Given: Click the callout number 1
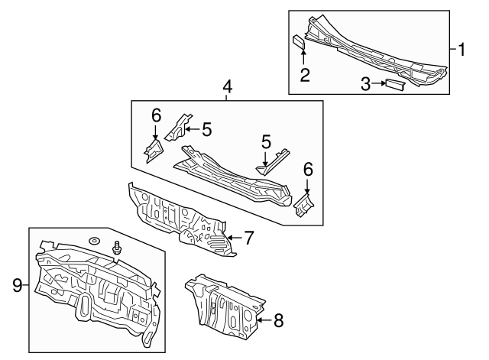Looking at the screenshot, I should click(x=462, y=50).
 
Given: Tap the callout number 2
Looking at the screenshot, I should click(x=304, y=74).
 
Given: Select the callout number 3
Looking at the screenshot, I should click(x=366, y=84).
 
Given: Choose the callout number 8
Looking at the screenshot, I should click(x=277, y=321).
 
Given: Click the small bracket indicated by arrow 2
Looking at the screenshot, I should click(x=299, y=42).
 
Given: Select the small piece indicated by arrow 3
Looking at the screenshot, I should click(x=394, y=83).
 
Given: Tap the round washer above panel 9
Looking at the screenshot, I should click(x=93, y=242).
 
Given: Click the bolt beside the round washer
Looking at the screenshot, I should click(x=117, y=248).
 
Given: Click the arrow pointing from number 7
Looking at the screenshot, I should click(x=233, y=238).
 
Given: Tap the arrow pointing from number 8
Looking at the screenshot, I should click(x=262, y=321).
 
